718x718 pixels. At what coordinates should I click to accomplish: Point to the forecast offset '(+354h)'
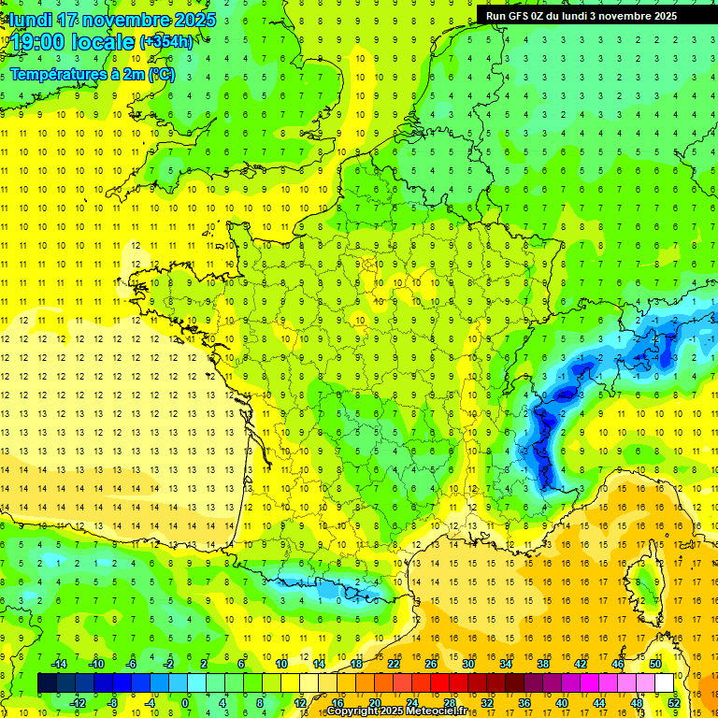166,42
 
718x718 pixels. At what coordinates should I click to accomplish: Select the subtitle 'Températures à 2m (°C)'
92,74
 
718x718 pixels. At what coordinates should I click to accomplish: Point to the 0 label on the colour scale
185,702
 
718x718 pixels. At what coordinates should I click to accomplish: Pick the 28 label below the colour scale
449,702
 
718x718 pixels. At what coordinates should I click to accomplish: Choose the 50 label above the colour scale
655,664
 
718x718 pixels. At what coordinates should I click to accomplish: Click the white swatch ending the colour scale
665,683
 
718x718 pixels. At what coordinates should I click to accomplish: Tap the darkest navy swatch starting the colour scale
47,683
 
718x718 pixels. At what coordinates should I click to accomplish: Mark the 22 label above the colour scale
394,664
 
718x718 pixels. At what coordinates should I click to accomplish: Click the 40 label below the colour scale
562,702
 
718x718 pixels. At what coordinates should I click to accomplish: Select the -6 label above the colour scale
132,664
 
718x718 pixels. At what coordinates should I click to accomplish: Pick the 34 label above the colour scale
506,664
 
